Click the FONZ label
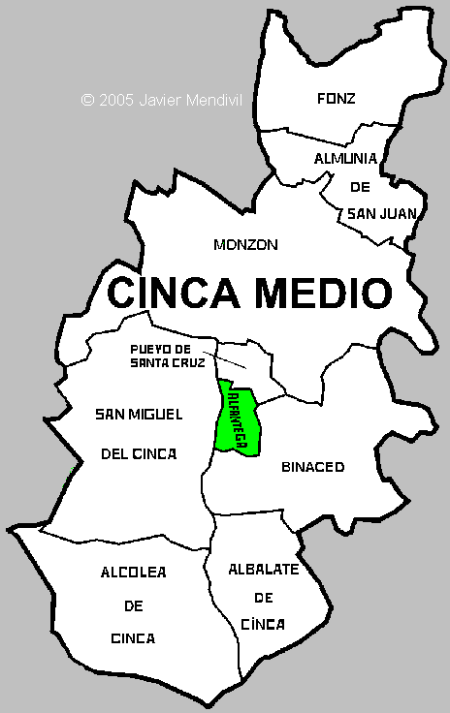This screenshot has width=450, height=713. pos(337,98)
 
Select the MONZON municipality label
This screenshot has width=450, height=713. pos(245,245)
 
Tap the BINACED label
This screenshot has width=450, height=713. pos(312,467)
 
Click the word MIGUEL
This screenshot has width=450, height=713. pos(158,415)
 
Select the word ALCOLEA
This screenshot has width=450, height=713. pos(133,573)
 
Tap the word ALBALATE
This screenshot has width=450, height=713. pos(263,569)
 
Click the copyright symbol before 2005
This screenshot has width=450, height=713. pos(87,99)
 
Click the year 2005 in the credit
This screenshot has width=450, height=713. pos(115,99)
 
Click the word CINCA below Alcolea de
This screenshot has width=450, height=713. pos(133,638)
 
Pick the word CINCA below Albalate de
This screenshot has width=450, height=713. pos(262,624)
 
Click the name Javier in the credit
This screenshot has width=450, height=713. pos(161,99)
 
